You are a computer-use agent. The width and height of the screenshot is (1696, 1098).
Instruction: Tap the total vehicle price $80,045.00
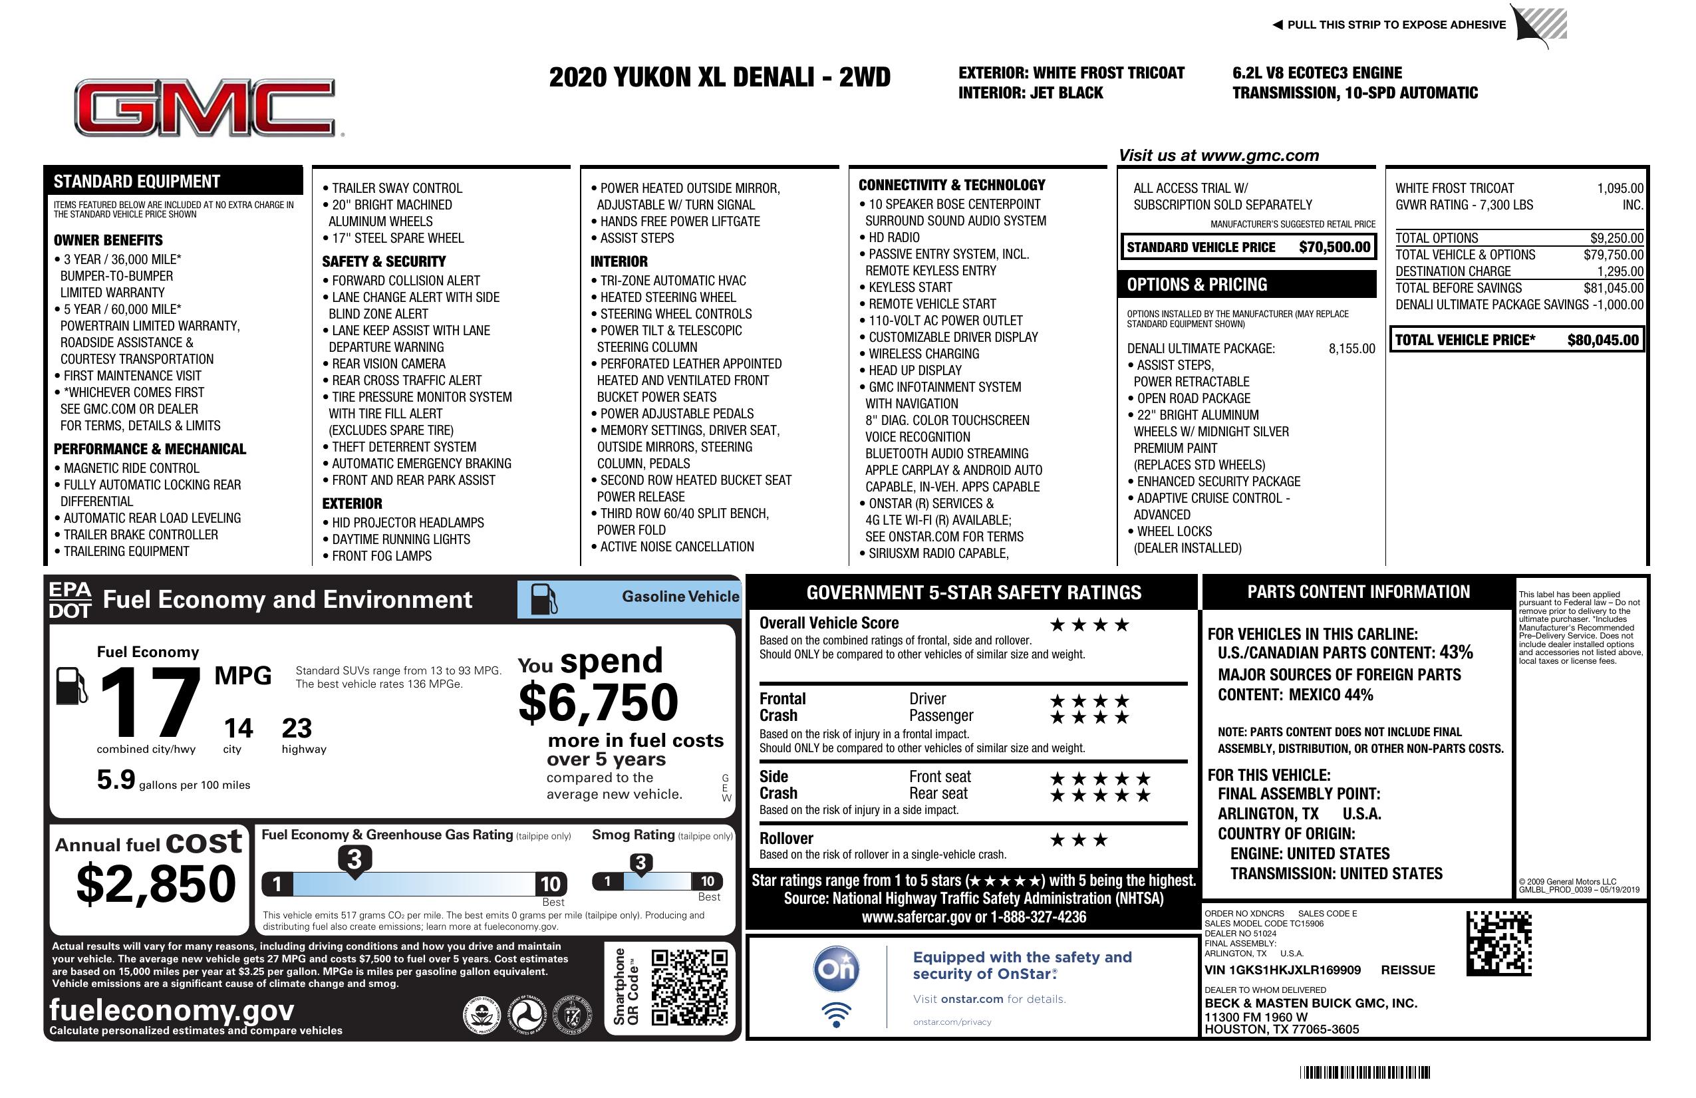(1603, 340)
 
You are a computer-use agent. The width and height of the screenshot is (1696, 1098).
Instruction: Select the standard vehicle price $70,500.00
(1334, 247)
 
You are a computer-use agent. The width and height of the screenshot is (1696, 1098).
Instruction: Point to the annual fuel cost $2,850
(156, 884)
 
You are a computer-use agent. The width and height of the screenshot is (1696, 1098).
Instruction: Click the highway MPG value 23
(297, 728)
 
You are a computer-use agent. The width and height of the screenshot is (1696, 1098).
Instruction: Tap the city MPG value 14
(238, 728)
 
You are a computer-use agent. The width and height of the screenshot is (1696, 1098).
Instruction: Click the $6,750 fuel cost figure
(598, 702)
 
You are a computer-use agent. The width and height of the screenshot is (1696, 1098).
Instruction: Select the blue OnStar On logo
(836, 968)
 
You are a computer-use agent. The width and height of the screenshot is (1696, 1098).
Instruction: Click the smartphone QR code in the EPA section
(689, 987)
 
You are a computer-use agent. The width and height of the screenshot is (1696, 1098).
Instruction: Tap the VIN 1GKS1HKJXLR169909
(1282, 970)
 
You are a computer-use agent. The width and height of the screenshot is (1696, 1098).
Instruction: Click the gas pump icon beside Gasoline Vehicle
(544, 599)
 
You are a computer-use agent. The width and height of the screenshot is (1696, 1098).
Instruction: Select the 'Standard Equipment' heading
(137, 181)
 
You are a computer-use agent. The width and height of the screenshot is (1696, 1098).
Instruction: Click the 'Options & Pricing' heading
(1197, 284)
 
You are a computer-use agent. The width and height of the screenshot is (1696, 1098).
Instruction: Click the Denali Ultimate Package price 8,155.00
(1351, 348)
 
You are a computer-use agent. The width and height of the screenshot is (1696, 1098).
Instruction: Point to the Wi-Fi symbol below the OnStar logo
(836, 1015)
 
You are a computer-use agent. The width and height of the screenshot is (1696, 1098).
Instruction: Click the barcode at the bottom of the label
(1364, 1072)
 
